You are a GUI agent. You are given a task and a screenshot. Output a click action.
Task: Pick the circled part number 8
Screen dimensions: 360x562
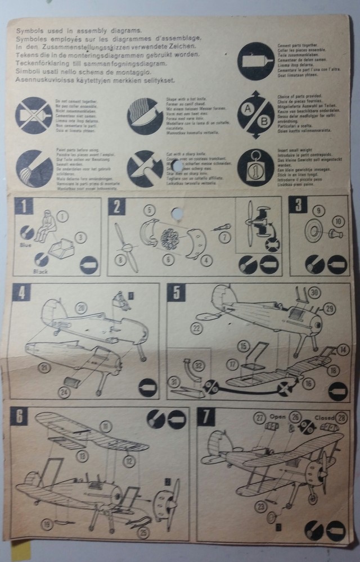(119, 260)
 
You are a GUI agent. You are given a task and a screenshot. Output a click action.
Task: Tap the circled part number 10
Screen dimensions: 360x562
(338, 221)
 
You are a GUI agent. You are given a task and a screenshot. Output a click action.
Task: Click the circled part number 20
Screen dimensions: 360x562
(82, 307)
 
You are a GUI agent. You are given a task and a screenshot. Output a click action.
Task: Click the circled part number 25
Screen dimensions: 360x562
(143, 531)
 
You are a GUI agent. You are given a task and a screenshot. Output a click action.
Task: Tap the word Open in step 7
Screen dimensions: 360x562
(277, 418)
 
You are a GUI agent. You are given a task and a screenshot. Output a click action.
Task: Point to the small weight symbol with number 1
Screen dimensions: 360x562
(255, 167)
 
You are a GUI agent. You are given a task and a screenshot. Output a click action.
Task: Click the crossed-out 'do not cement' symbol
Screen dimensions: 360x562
(34, 115)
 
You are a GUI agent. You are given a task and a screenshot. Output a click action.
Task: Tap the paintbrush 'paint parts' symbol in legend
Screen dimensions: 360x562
(34, 167)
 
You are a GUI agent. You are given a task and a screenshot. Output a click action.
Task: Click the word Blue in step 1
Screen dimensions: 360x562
(25, 245)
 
